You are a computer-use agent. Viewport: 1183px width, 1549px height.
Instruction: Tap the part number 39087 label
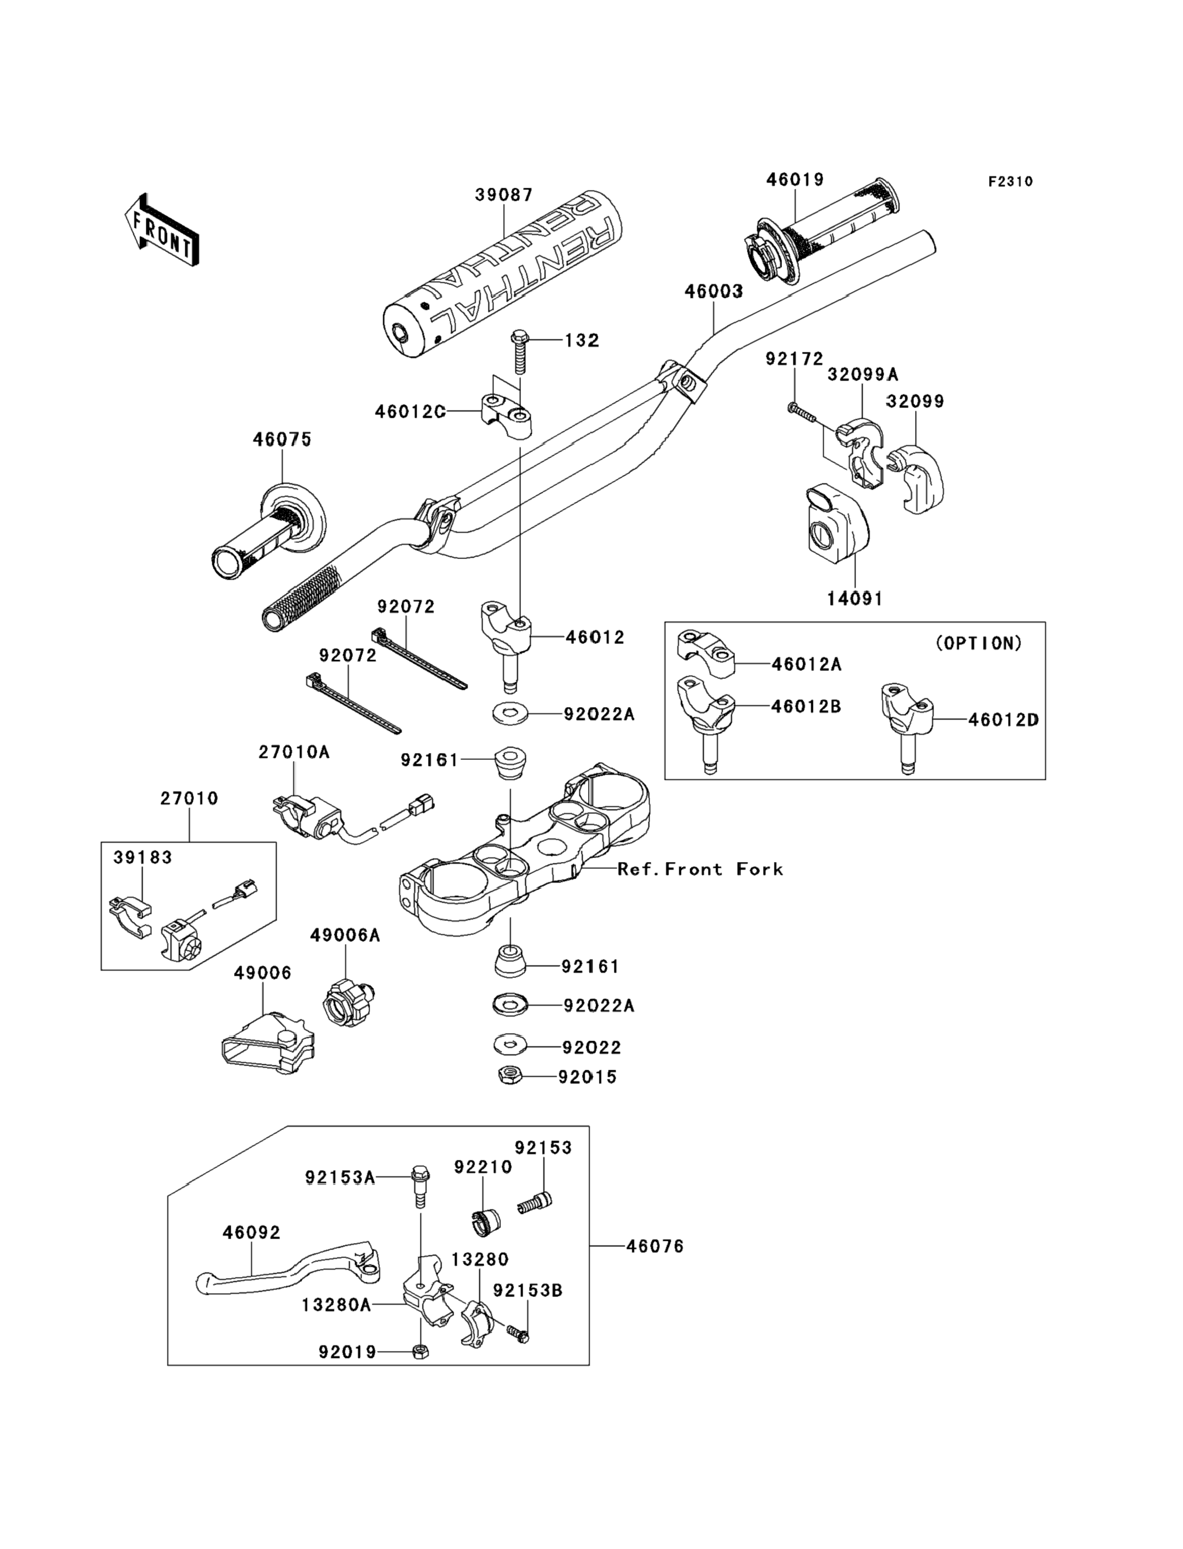[504, 195]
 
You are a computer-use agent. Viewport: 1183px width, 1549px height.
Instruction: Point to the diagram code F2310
[1010, 182]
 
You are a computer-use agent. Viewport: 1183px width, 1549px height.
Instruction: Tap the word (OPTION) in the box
[979, 643]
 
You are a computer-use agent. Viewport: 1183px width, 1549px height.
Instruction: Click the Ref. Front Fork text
[700, 869]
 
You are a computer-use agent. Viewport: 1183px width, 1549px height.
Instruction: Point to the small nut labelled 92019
[421, 1352]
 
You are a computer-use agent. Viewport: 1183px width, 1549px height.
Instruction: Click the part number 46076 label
[655, 1246]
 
